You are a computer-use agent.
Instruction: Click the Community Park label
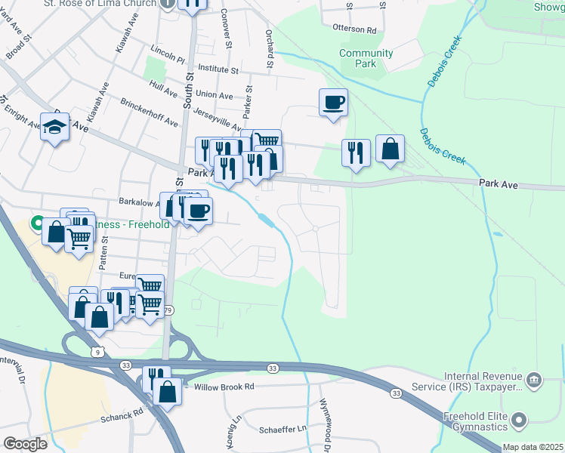click(x=366, y=58)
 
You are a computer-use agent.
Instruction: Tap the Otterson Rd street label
click(x=354, y=29)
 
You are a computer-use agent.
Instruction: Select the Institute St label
click(x=218, y=69)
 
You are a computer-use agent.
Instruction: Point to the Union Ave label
click(x=215, y=95)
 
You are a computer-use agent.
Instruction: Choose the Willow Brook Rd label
click(x=224, y=386)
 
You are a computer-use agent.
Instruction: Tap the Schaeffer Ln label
click(x=282, y=428)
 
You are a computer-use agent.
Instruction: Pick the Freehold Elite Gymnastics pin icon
click(x=518, y=418)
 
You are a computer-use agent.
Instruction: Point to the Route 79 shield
click(x=168, y=310)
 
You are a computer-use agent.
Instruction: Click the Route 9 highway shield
click(x=97, y=351)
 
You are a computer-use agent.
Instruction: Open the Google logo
click(x=25, y=444)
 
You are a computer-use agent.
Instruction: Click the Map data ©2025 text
click(x=533, y=447)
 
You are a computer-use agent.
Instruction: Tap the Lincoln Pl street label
click(x=168, y=57)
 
